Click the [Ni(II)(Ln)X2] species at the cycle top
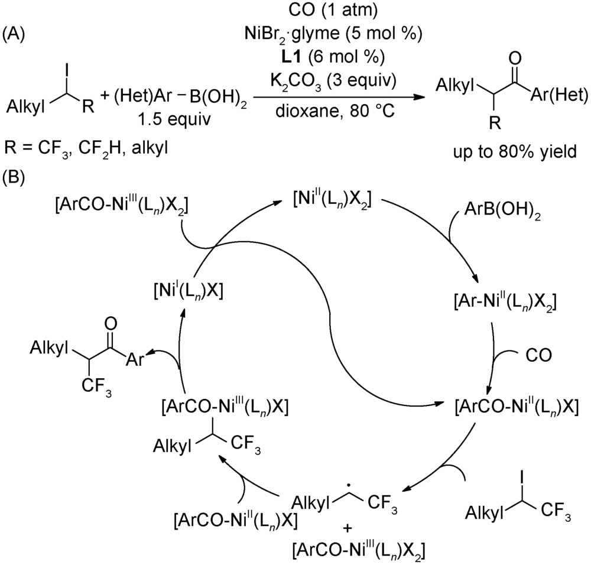point(333,199)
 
